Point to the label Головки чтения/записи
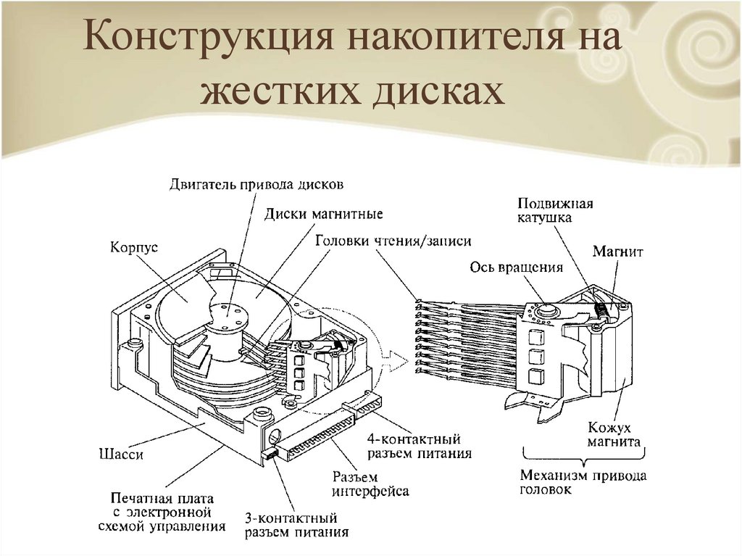(x=393, y=241)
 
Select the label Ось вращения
(x=516, y=267)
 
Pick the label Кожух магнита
(x=613, y=435)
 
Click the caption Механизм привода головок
(x=583, y=483)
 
